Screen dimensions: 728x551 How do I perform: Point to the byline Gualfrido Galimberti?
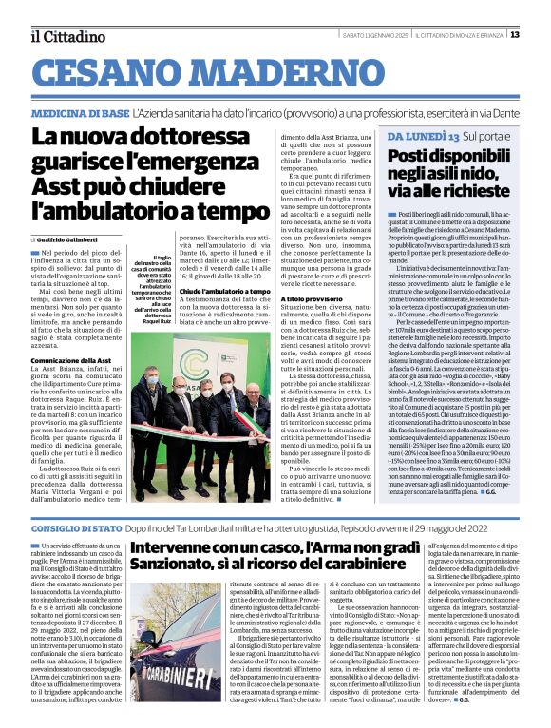(76, 238)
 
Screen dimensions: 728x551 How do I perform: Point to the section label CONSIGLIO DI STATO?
(76, 527)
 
